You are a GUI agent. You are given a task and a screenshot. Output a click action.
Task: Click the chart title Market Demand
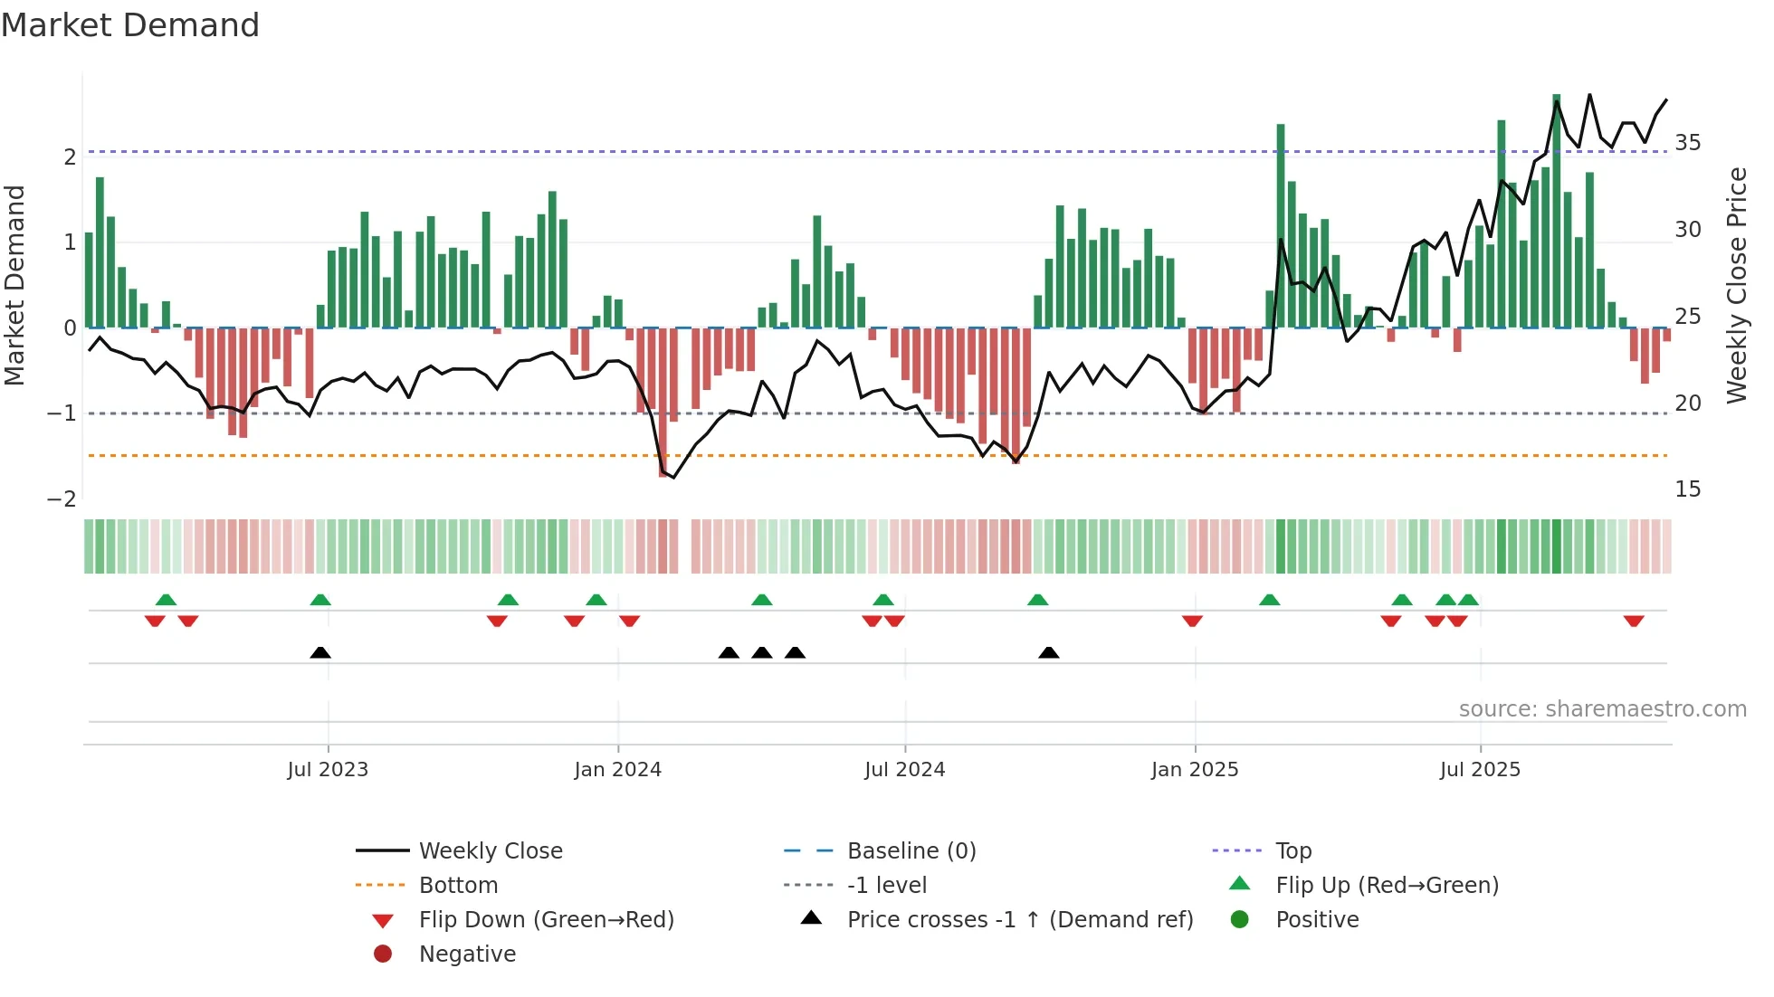point(130,25)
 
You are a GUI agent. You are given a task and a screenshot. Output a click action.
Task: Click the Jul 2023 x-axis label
point(328,770)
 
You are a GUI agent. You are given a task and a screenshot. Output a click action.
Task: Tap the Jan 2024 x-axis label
point(617,770)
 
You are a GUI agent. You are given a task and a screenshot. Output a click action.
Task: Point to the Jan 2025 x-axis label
point(1195,770)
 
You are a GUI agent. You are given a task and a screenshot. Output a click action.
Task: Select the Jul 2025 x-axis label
point(1480,770)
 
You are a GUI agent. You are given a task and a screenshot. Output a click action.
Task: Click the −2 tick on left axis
point(62,499)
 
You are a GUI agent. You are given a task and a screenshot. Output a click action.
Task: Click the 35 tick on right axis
point(1688,143)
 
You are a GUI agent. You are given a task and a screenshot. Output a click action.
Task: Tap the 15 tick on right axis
point(1688,489)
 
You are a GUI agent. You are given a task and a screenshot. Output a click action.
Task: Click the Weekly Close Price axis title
point(1736,285)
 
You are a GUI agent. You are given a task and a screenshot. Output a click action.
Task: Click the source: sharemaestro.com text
point(1602,709)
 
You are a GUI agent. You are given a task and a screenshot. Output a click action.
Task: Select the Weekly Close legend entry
point(490,851)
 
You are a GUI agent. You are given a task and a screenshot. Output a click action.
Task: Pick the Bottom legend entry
point(458,886)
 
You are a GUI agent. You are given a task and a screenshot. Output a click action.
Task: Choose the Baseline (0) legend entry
point(911,851)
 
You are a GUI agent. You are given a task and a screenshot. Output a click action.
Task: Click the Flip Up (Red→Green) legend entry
point(1387,886)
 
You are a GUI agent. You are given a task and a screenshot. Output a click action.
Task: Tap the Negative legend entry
point(467,954)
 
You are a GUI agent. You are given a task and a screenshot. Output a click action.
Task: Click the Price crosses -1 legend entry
point(1019,920)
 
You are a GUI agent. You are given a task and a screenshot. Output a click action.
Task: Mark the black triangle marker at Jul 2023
point(320,652)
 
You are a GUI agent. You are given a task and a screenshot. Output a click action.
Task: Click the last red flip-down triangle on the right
point(1634,621)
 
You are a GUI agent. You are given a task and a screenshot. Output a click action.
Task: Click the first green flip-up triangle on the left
point(166,600)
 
